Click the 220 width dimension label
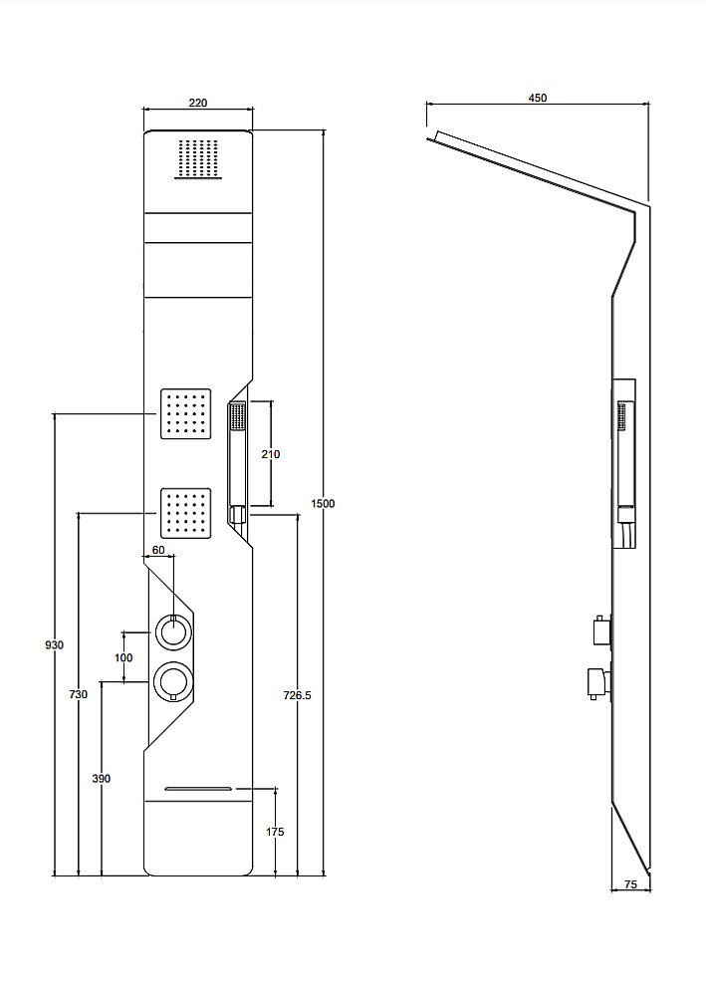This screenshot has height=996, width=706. point(198,103)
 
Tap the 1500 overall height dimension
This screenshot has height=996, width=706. point(323,504)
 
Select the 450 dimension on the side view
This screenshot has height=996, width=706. point(537,98)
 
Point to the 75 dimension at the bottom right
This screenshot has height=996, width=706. point(630,884)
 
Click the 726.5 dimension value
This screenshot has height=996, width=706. point(297,695)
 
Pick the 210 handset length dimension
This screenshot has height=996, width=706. point(271,454)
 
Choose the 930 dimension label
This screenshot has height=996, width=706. point(55,645)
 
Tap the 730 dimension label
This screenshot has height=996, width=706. point(78,695)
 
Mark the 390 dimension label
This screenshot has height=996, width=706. point(101,779)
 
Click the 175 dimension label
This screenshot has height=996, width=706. point(275,832)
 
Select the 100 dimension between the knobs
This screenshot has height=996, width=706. point(123,657)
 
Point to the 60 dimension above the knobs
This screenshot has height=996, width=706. point(158,550)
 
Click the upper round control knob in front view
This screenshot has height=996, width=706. point(172,632)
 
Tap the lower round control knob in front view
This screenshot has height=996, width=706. point(172,680)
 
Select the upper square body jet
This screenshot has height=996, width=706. point(185,413)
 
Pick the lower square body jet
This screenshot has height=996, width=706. point(185,513)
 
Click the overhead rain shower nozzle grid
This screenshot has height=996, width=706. point(199,158)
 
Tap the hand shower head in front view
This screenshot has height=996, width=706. point(237,417)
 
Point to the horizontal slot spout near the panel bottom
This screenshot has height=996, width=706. point(199,789)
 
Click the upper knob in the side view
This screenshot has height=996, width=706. point(601,630)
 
